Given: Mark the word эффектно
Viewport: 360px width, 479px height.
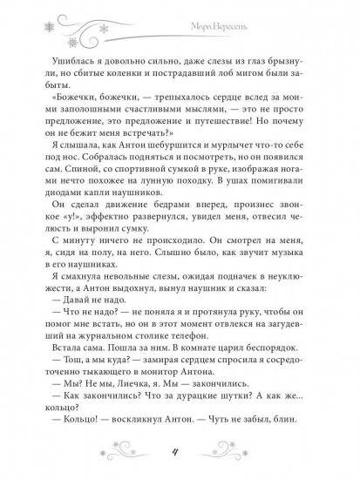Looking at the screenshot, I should [96, 228].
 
